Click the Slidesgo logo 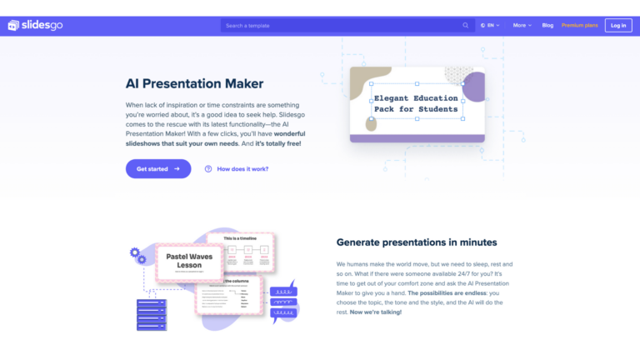36,25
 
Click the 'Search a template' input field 342,26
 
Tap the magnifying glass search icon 466,26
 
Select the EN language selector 490,26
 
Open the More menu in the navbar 522,26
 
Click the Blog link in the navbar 547,26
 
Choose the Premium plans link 579,26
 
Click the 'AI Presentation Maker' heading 194,84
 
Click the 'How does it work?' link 242,169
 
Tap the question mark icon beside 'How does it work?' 208,169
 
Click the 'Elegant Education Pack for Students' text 416,104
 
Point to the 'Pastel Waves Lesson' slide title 189,260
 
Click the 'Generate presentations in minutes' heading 417,242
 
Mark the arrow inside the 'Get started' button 177,169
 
